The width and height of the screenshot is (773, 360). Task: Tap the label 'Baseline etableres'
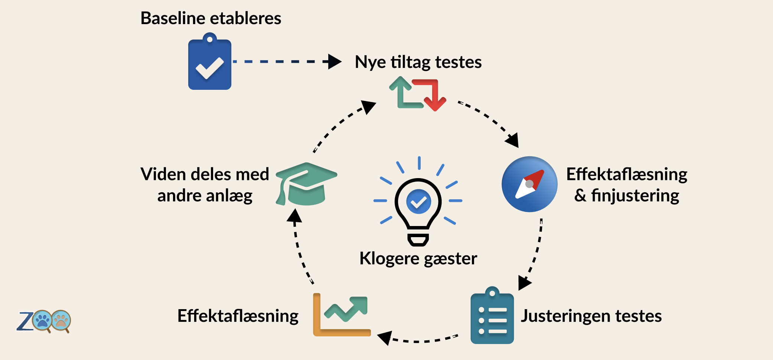click(211, 18)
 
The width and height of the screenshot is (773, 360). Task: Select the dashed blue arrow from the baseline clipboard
click(287, 61)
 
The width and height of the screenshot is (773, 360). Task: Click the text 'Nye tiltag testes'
click(418, 62)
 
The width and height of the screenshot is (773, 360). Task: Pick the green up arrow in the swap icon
click(403, 93)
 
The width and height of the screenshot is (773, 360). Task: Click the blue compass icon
click(529, 184)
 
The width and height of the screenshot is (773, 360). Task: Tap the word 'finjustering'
click(635, 196)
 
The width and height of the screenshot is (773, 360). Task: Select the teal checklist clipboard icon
click(492, 315)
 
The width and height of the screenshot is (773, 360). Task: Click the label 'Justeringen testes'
click(591, 316)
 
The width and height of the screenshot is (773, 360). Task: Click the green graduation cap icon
click(306, 184)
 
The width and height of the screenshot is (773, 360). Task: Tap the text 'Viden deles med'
click(205, 174)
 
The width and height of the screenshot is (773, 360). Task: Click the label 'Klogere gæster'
click(418, 259)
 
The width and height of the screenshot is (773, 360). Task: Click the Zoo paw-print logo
click(44, 321)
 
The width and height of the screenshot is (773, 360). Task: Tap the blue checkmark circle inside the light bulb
click(418, 202)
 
